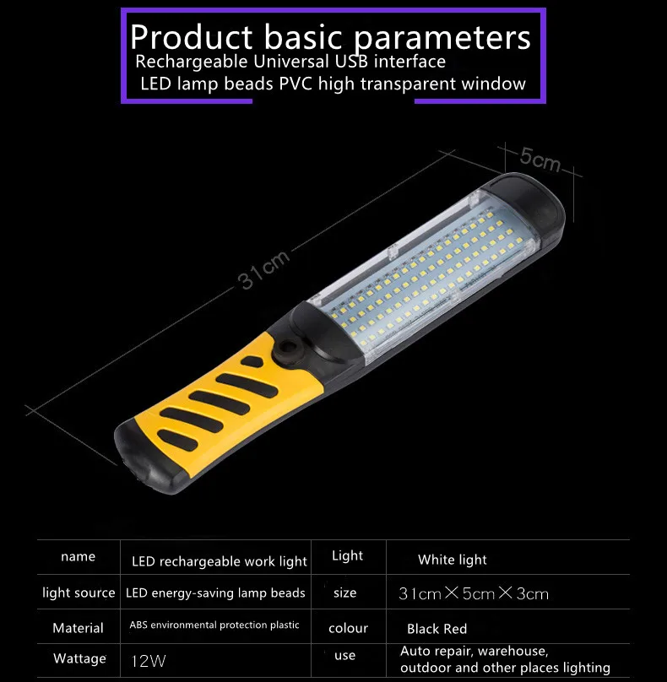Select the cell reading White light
tap(453, 560)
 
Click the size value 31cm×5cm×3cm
tap(473, 594)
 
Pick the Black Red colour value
tap(437, 629)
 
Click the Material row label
tap(78, 628)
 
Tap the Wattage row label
tap(79, 658)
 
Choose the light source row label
tap(79, 593)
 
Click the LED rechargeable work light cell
tap(220, 561)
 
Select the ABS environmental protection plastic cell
tap(214, 625)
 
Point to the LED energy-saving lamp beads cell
tap(215, 593)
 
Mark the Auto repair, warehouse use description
tap(505, 659)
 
